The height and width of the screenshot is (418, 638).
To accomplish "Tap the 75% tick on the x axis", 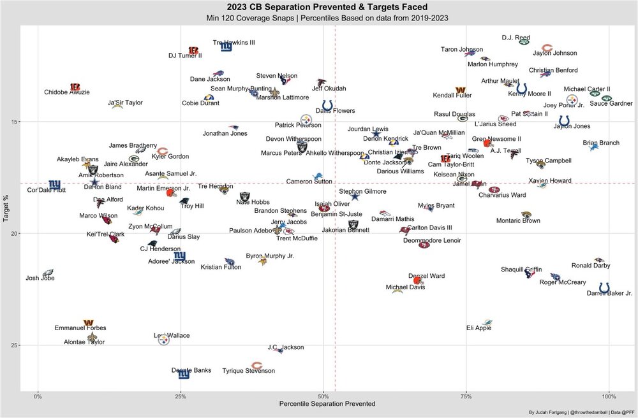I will coord(466,396).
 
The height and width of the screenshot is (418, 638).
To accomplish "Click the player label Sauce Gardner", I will coord(611,103).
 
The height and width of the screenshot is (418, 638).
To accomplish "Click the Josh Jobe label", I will coord(40,278).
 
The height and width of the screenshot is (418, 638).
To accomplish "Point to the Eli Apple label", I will coord(478,329).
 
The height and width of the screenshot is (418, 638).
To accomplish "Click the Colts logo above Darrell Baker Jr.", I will coord(604,287).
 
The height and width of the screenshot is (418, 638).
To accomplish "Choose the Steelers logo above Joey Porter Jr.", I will coord(572,100).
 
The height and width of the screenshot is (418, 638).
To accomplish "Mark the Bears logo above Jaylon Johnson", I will coord(547,48).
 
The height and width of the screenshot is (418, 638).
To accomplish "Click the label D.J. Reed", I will coord(516,38).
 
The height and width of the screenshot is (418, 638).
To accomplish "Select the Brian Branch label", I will coord(601,143).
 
